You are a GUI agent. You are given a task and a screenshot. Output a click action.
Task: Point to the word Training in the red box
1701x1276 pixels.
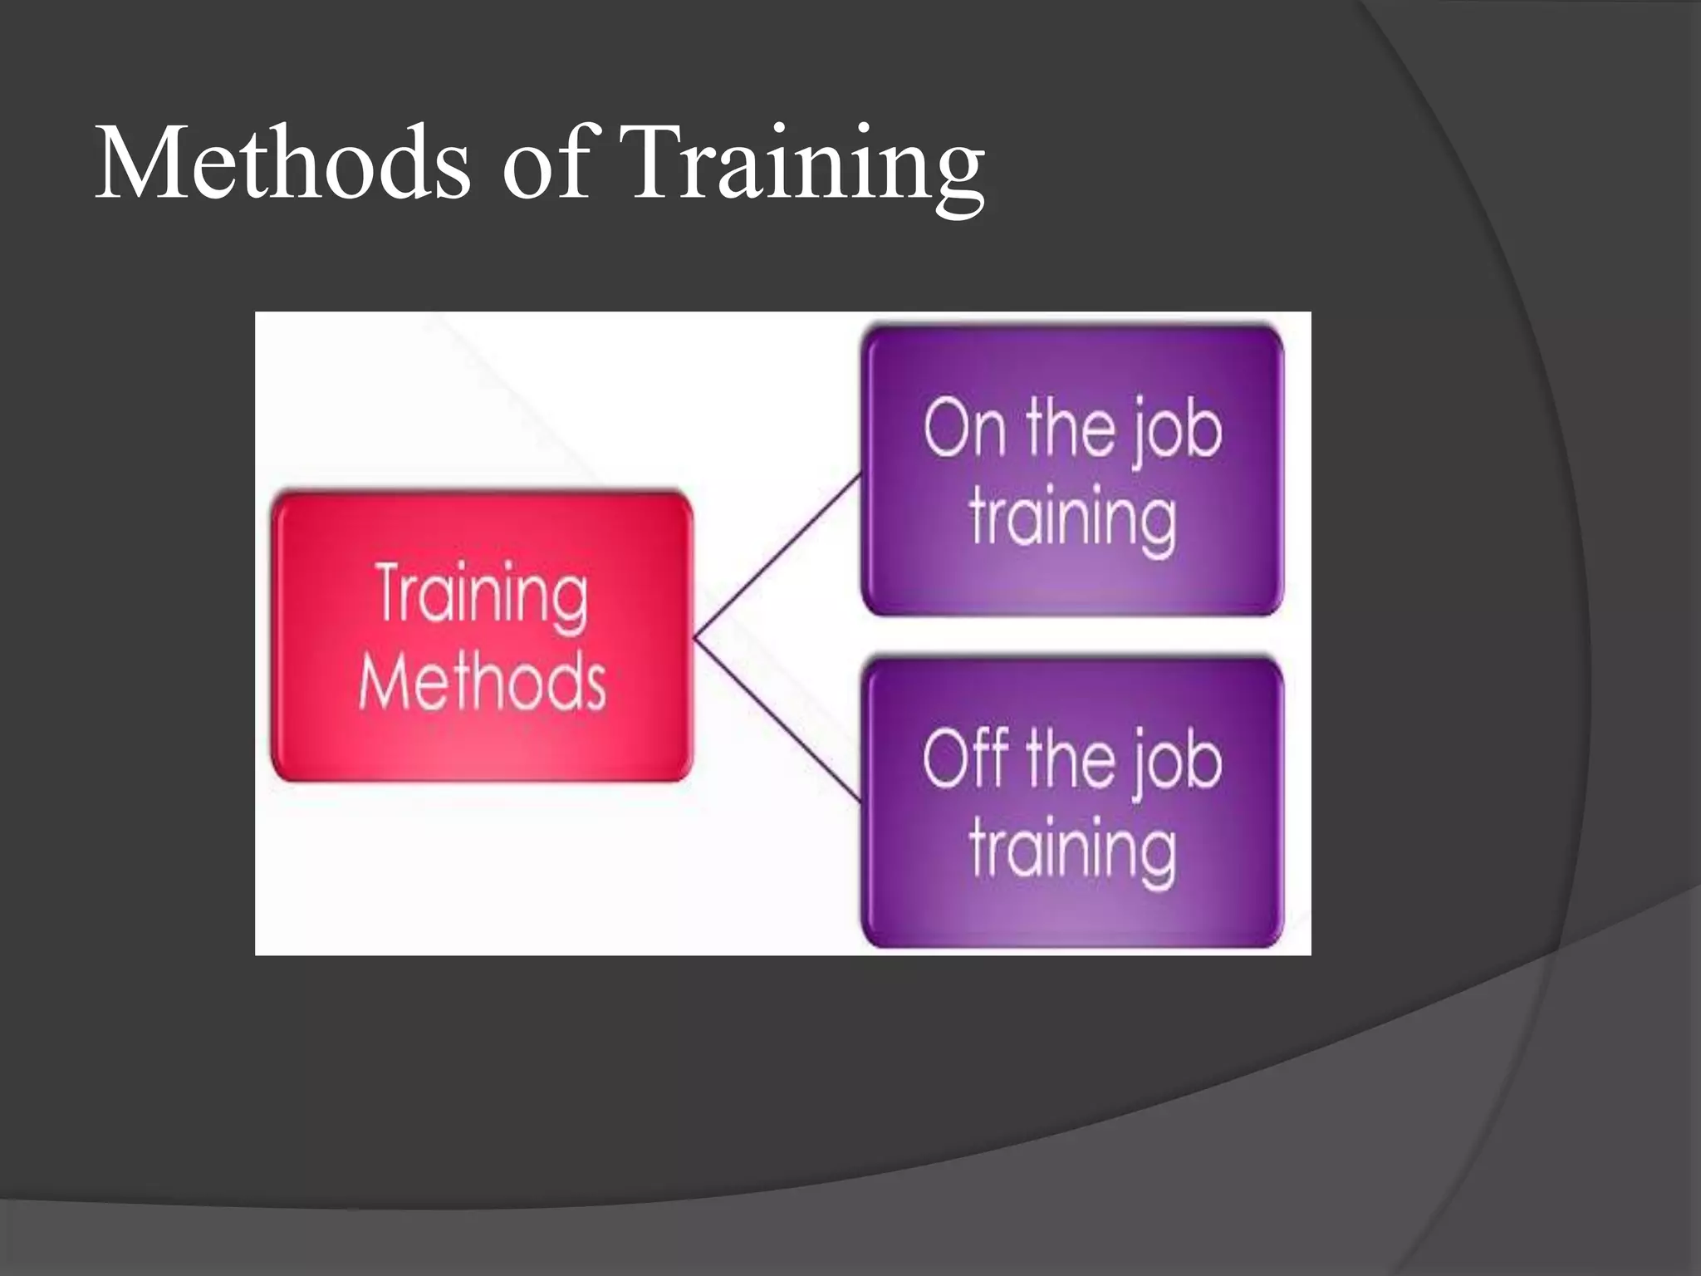pos(482,594)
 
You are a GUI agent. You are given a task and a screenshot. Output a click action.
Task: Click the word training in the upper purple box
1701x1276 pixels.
pos(1072,518)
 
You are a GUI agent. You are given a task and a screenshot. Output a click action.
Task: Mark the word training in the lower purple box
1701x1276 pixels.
pos(1072,849)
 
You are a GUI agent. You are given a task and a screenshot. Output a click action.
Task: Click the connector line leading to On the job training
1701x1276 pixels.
pos(777,557)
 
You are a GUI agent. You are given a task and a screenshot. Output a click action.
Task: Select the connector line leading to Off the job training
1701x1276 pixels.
pos(777,720)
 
